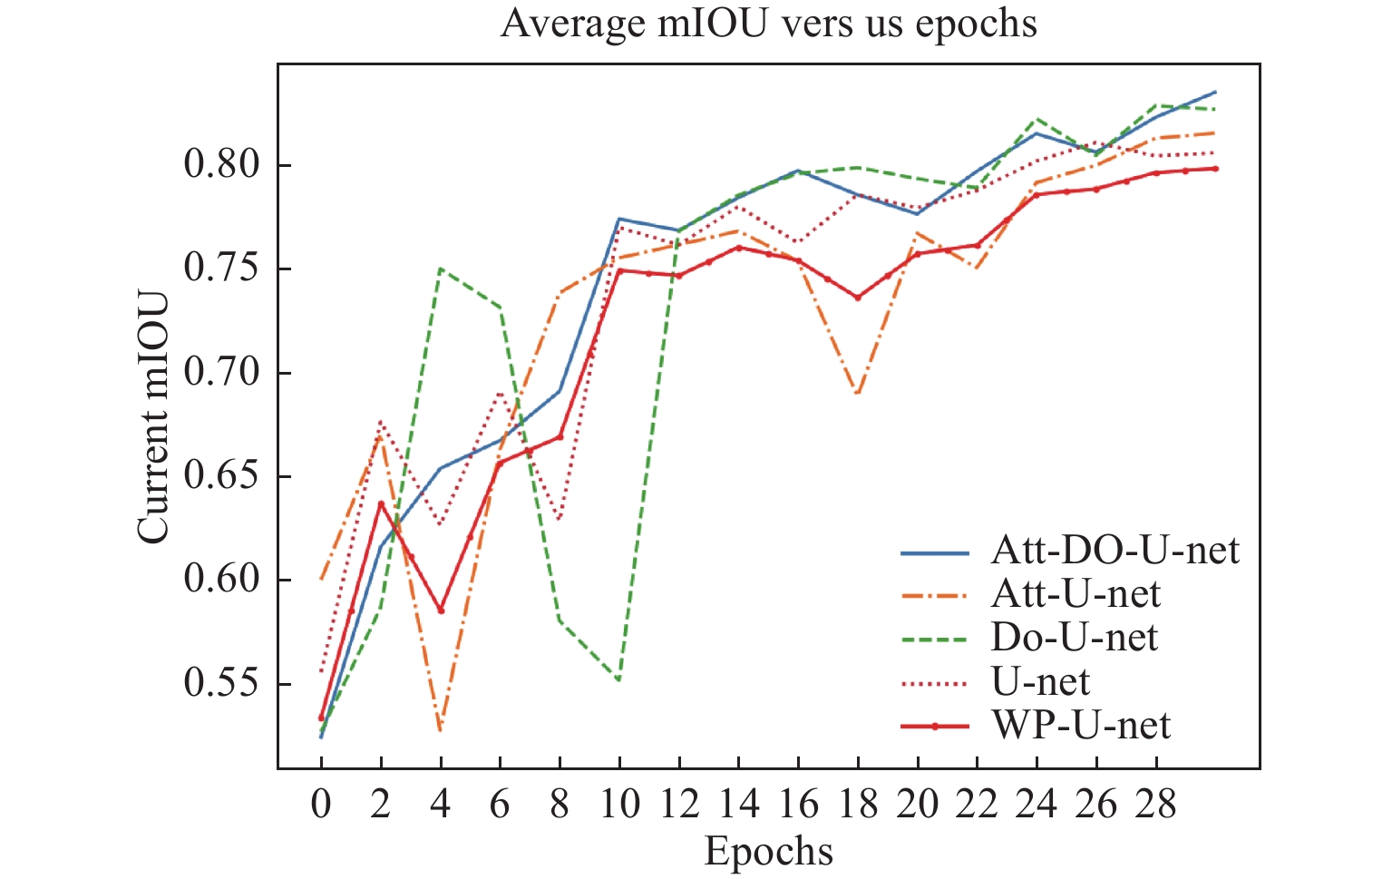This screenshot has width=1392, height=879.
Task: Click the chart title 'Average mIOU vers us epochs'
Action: [x=768, y=24]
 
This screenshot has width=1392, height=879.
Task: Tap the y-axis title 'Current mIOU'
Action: [x=153, y=417]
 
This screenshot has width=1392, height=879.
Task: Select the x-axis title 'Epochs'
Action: [x=768, y=851]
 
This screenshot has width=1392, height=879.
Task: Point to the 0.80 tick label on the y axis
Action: [x=221, y=165]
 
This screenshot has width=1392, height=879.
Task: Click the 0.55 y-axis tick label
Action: [x=221, y=683]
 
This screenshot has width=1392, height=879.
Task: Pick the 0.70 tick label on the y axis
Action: [x=221, y=372]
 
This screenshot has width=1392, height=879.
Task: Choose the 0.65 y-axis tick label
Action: [x=221, y=476]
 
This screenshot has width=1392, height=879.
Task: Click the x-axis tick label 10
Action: [x=619, y=805]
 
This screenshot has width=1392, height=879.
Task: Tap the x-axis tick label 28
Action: [x=1155, y=805]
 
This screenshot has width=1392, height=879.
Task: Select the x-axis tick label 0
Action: [x=321, y=805]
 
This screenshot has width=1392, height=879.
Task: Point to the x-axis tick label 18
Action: [x=857, y=805]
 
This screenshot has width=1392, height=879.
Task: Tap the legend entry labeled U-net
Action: [x=1040, y=681]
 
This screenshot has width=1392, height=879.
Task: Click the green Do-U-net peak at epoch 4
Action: [x=441, y=269]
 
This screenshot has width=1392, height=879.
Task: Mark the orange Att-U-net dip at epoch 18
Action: [x=857, y=394]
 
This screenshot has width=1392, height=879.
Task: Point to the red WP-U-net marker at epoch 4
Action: [x=441, y=610]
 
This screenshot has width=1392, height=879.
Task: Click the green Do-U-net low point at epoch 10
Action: [x=618, y=680]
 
